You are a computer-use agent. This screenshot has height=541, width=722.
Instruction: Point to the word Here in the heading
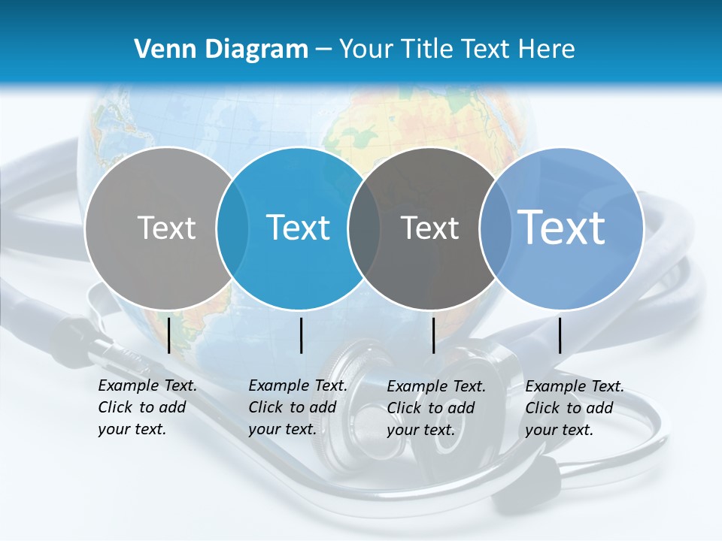click(546, 49)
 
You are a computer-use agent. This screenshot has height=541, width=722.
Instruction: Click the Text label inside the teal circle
click(299, 227)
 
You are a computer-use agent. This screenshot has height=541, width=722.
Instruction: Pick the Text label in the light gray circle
click(166, 227)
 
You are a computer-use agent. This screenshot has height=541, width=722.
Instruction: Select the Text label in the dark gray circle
click(430, 228)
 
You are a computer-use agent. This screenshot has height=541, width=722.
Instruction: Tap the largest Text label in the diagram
click(562, 227)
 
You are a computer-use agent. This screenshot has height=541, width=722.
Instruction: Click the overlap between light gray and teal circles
click(232, 228)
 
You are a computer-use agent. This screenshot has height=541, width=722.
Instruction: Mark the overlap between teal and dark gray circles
click(364, 228)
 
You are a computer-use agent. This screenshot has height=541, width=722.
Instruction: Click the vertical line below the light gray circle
click(169, 335)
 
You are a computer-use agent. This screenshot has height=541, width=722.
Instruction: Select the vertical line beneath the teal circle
click(301, 335)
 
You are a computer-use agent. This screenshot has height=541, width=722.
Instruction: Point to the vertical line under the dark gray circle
click(433, 335)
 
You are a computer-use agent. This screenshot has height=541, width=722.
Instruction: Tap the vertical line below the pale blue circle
click(560, 335)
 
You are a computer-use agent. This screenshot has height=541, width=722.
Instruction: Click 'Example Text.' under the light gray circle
click(147, 385)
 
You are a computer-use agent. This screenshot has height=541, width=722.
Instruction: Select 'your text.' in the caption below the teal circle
click(282, 429)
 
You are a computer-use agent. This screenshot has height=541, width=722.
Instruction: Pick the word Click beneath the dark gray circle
click(405, 408)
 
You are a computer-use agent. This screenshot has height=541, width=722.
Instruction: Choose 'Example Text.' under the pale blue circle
click(575, 386)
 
